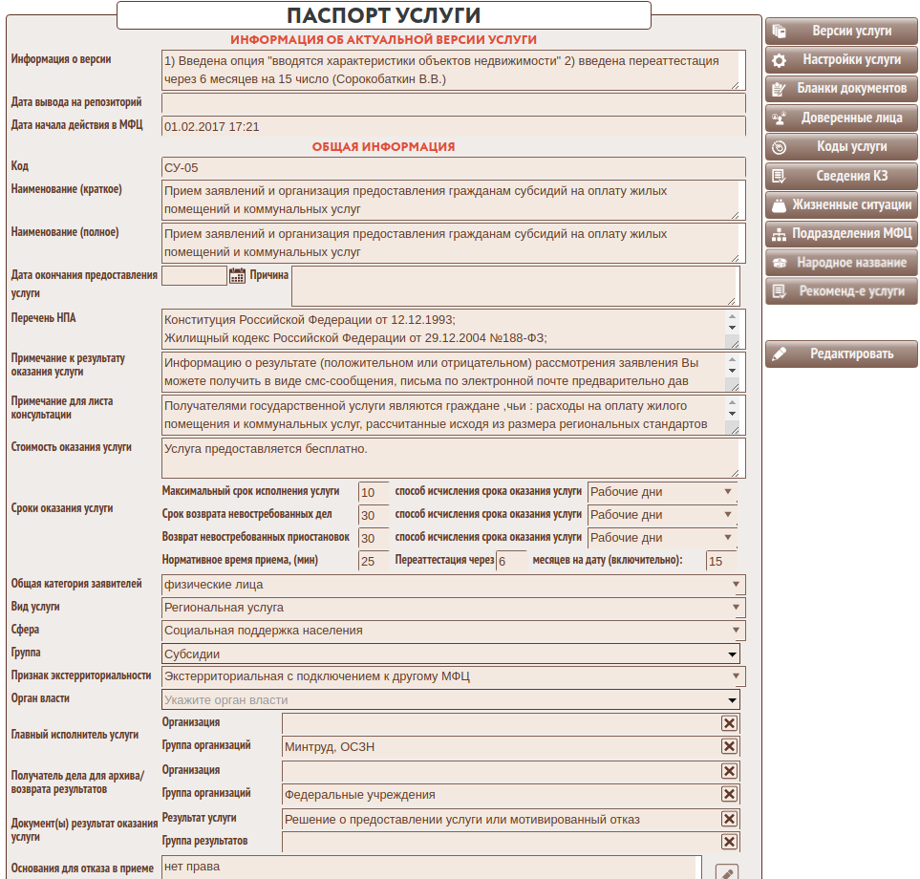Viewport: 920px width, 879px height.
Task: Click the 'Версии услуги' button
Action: click(x=841, y=31)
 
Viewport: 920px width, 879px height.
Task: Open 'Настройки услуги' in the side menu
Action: click(x=841, y=59)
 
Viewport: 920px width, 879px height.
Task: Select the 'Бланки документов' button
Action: click(x=841, y=89)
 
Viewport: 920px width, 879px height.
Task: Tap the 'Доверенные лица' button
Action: click(x=841, y=118)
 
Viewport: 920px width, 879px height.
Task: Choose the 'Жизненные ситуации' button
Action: click(x=841, y=204)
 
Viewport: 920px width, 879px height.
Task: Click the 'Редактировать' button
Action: click(x=841, y=354)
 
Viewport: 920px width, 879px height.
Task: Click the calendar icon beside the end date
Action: click(x=238, y=275)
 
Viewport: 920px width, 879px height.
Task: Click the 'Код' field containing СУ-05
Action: click(x=453, y=167)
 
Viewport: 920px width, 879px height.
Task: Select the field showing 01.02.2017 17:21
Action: click(x=453, y=126)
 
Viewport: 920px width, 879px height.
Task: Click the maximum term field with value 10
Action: click(x=373, y=492)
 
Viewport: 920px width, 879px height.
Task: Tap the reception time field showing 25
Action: click(x=373, y=561)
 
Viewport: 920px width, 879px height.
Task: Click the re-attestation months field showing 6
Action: click(x=511, y=561)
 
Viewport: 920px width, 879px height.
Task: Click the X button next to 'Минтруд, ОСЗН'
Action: click(x=729, y=746)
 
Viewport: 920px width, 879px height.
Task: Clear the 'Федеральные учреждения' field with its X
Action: click(x=729, y=794)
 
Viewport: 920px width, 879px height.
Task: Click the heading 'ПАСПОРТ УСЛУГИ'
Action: click(x=383, y=15)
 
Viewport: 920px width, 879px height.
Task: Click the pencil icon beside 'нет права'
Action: click(x=727, y=872)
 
